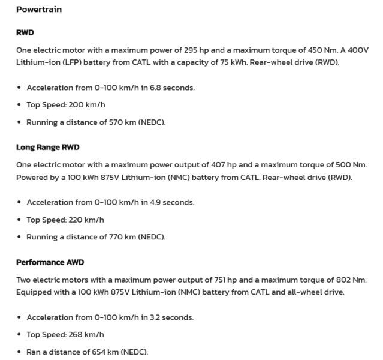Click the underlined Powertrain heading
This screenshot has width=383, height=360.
39,10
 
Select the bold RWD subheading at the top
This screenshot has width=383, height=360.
25,33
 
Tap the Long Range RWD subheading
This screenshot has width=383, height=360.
47,147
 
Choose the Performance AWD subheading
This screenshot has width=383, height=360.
50,262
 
